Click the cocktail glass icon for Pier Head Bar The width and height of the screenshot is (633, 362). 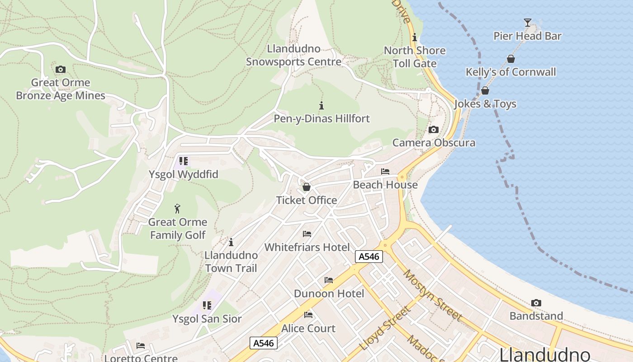tap(527, 23)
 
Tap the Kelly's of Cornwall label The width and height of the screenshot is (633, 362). tap(511, 72)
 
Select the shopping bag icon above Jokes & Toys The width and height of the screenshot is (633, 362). tap(485, 90)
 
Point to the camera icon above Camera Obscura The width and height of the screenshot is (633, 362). tap(434, 130)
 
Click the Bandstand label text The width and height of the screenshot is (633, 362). tap(536, 316)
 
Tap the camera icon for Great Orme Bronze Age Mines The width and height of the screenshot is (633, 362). tap(60, 70)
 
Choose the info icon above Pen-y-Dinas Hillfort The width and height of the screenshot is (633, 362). tap(321, 106)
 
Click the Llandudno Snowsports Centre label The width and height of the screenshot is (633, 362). tap(293, 55)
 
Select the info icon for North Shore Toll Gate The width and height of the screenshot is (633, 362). tap(415, 38)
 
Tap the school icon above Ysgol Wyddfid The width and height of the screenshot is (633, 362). tap(183, 161)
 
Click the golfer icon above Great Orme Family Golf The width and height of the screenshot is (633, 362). tap(178, 209)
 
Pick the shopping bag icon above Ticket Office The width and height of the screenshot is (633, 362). tap(307, 187)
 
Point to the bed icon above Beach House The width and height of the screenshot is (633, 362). tap(385, 171)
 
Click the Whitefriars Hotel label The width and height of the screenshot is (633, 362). tap(307, 247)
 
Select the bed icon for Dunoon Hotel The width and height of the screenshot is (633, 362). tap(329, 281)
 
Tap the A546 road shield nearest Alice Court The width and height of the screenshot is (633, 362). tap(264, 343)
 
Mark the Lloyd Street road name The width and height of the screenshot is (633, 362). tap(386, 329)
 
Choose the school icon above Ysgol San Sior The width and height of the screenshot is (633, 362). tap(207, 305)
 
